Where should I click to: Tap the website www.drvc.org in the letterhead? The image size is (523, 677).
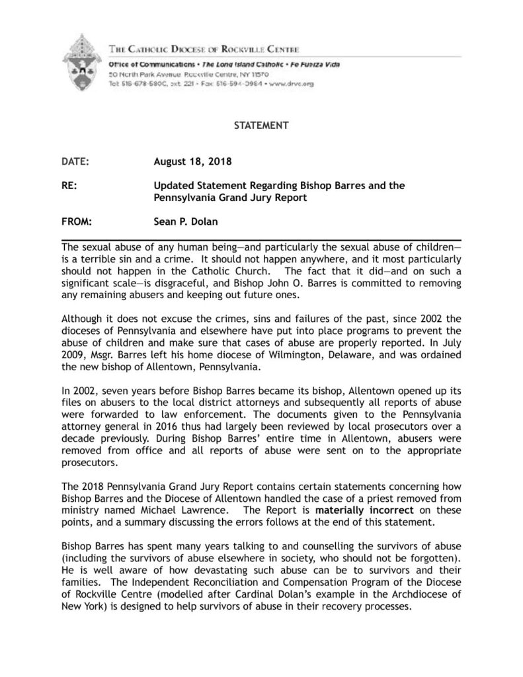(294, 85)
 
